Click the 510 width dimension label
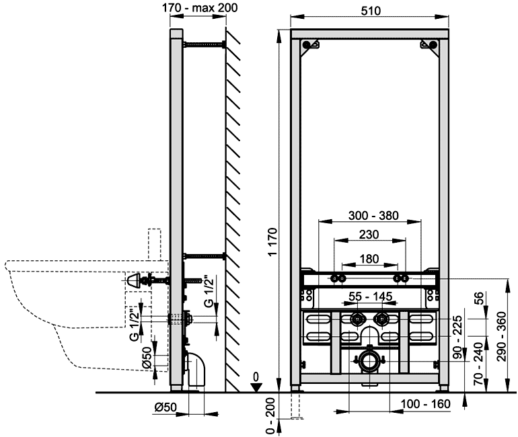[x=371, y=11]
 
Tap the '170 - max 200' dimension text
[x=200, y=7]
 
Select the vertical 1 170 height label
[x=274, y=241]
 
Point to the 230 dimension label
[x=369, y=235]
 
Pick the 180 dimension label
[x=369, y=259]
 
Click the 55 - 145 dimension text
[x=370, y=296]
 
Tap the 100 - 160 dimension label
[x=425, y=403]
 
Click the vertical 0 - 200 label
[x=270, y=415]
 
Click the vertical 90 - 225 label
[x=457, y=337]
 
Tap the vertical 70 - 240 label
[x=478, y=364]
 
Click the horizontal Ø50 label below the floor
[x=166, y=407]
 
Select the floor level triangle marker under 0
[x=256, y=387]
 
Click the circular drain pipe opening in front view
[x=369, y=361]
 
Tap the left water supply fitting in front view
[x=357, y=319]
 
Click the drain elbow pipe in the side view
[x=196, y=370]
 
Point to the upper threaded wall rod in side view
[x=204, y=44]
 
